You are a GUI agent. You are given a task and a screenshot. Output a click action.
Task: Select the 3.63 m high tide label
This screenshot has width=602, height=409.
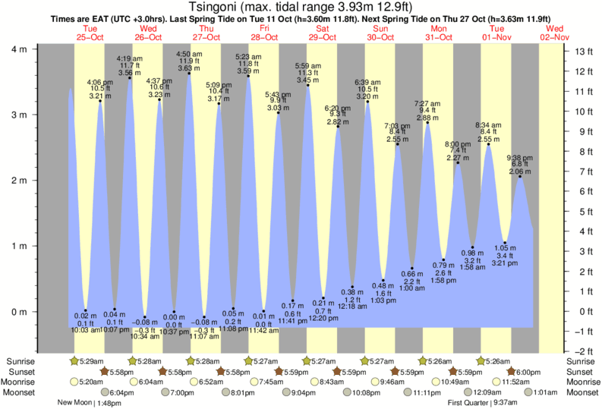[x=189, y=68]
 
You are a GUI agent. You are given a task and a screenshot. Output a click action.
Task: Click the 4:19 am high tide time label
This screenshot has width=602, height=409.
[x=130, y=58]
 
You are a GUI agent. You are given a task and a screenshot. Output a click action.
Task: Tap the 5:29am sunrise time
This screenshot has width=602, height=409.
[x=92, y=360]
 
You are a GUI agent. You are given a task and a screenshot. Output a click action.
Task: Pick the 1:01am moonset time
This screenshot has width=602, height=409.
[x=546, y=392]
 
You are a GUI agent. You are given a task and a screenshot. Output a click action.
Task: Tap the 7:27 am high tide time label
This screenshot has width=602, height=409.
[x=427, y=103]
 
